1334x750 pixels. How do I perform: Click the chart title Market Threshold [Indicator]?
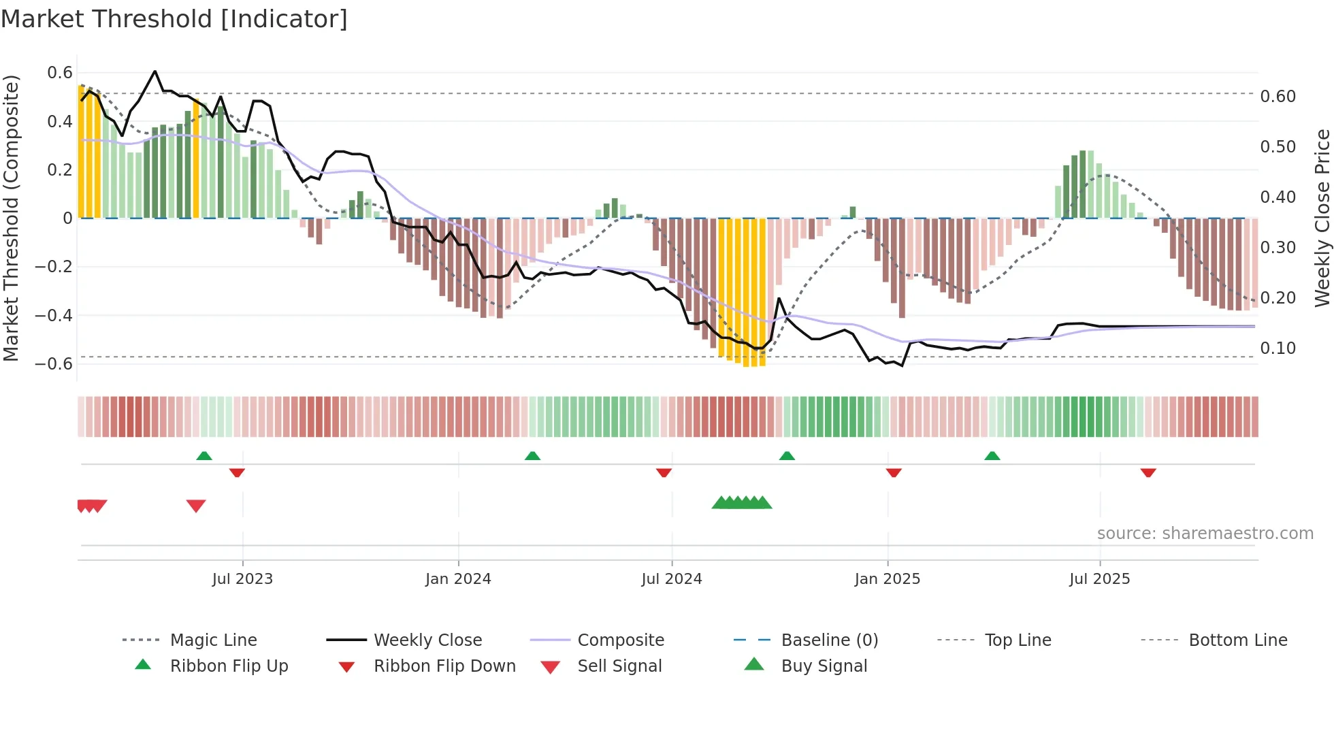click(x=174, y=19)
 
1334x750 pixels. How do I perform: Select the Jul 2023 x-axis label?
click(x=242, y=579)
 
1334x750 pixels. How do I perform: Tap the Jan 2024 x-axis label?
click(x=458, y=579)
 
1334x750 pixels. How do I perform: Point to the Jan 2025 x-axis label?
click(x=888, y=579)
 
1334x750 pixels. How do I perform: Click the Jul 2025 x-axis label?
click(x=1099, y=579)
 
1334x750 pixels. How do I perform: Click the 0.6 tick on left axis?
click(x=60, y=73)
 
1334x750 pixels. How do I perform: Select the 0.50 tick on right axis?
click(x=1278, y=147)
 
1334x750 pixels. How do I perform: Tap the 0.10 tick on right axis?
click(x=1278, y=348)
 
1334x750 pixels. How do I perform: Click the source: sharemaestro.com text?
click(x=1205, y=534)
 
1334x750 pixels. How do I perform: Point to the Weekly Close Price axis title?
click(x=1322, y=218)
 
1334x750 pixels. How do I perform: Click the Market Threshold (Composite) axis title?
click(x=11, y=218)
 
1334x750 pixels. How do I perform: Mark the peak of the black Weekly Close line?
click(x=155, y=71)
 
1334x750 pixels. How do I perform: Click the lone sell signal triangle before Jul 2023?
click(x=196, y=506)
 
